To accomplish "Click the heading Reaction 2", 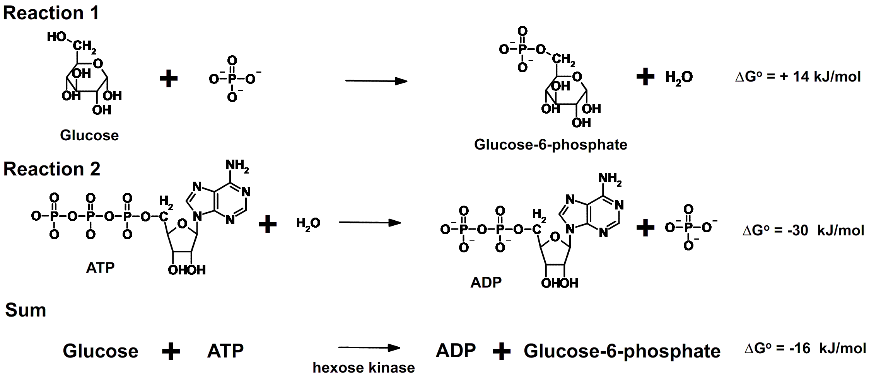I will (51, 169).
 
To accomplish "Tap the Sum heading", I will (26, 310).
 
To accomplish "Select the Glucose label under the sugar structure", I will (89, 135).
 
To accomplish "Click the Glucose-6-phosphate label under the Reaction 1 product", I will (550, 145).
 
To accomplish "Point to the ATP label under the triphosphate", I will (100, 267).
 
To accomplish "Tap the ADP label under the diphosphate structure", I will (486, 282).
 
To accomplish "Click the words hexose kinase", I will (364, 368).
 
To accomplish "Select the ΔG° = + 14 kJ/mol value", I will (797, 77).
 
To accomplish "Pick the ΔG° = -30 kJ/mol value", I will (803, 230).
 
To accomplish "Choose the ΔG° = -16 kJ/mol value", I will (805, 348).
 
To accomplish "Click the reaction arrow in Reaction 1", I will (376, 81).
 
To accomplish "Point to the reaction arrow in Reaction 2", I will (369, 223).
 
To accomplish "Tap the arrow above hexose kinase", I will (369, 348).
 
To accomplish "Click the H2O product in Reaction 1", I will (679, 77).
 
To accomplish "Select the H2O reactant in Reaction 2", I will (308, 223).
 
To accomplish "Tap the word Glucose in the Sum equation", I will (101, 351).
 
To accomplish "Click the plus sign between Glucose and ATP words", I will (171, 351).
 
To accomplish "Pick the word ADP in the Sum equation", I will (456, 351).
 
